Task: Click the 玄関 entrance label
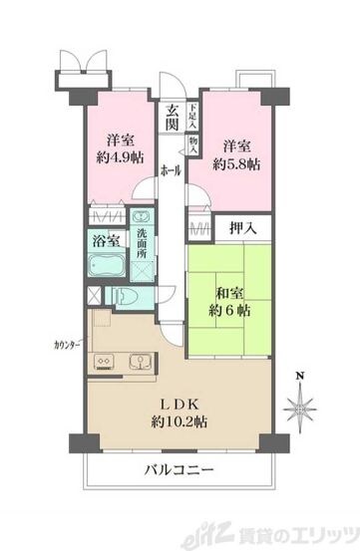(172, 118)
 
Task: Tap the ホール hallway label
(172, 171)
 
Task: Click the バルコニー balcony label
(179, 468)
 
